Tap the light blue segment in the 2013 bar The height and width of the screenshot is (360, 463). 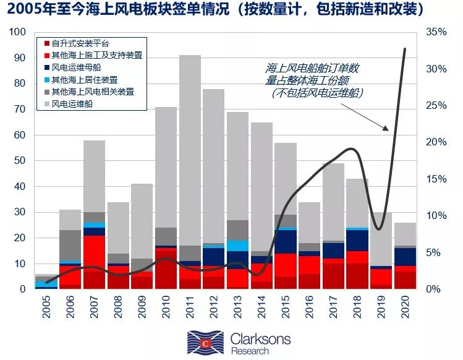click(237, 246)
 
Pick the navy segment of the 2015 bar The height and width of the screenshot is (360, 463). click(285, 241)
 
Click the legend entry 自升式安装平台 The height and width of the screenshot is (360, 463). click(80, 44)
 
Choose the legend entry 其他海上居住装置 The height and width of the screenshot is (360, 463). click(84, 80)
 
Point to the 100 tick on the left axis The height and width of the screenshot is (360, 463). click(18, 32)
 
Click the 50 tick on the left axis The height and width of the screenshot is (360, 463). click(20, 161)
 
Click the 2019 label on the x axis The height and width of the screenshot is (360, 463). click(381, 306)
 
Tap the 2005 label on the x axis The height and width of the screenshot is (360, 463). click(48, 306)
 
